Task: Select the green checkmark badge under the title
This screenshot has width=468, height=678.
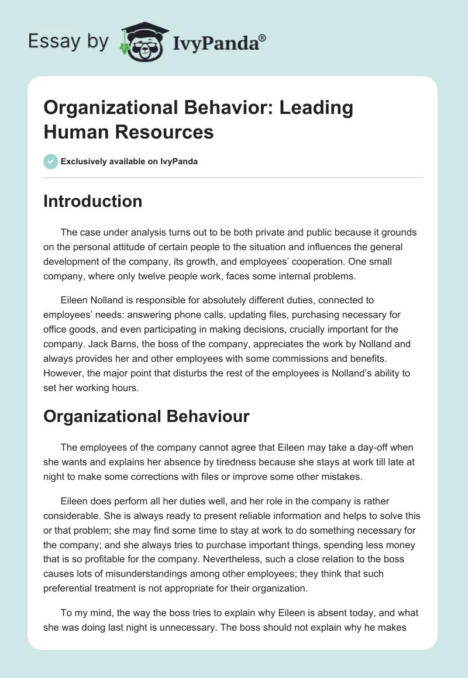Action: tap(51, 161)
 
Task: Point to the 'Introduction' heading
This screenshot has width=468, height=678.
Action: tap(93, 201)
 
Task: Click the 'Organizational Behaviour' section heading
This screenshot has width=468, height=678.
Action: tap(146, 416)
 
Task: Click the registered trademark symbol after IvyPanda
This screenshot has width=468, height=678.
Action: tap(263, 38)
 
